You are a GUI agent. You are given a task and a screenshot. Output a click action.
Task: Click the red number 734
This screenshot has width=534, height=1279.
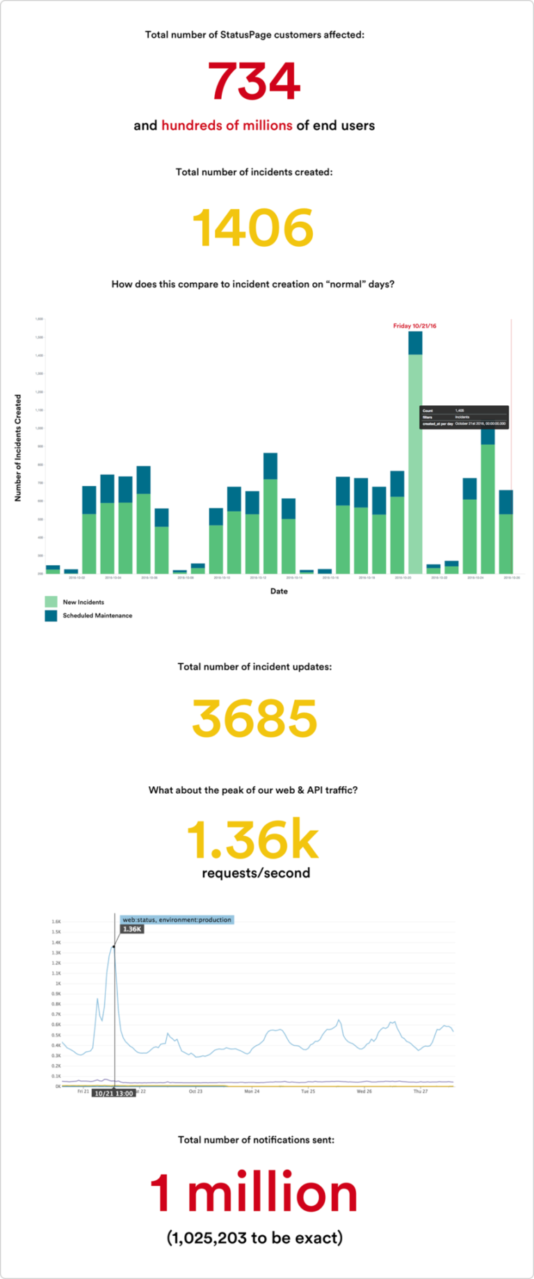(254, 81)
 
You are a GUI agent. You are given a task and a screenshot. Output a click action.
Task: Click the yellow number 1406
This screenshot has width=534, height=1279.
(253, 228)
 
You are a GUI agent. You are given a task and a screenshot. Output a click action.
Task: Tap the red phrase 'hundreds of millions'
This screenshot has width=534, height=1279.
(227, 126)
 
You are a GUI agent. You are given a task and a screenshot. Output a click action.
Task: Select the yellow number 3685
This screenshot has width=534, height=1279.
(254, 719)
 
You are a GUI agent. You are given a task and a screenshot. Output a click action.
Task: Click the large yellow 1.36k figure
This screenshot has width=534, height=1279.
(253, 840)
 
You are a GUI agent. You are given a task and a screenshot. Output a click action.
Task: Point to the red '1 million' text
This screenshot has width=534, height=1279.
(254, 1193)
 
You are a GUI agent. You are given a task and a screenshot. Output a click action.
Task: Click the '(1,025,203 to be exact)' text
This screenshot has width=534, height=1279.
(254, 1238)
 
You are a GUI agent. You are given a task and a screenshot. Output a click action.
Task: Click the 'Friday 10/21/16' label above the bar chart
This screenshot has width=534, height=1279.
(414, 326)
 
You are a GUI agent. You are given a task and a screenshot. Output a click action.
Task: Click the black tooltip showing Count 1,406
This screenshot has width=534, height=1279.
(464, 417)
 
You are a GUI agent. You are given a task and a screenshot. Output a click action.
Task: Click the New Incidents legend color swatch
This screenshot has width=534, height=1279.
(51, 602)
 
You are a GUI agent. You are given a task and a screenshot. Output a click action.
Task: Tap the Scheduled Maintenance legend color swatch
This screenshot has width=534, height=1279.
(51, 616)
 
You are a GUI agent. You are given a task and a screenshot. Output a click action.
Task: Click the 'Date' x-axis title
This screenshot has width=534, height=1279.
(279, 592)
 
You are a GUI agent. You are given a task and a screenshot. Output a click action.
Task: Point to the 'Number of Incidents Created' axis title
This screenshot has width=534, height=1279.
(18, 448)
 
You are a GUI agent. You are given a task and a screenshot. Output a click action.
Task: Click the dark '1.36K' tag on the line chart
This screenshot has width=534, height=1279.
(132, 929)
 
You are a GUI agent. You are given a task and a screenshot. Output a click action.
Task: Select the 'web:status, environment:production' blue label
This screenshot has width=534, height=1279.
(177, 920)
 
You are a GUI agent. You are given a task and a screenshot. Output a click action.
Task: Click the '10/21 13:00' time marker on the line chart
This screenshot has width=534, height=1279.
(114, 1093)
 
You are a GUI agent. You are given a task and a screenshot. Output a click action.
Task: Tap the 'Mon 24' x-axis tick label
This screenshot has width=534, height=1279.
(252, 1091)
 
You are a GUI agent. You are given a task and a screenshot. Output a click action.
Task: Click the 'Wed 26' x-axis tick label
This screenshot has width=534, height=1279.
(364, 1091)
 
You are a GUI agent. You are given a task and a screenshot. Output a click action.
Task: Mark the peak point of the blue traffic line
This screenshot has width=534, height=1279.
(113, 946)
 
